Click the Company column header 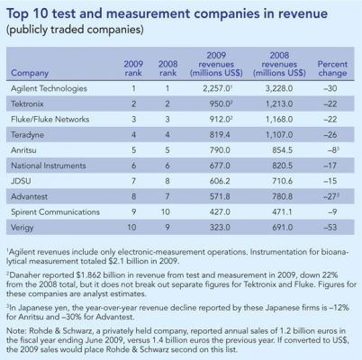30,73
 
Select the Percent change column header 332,68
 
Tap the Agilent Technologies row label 49,89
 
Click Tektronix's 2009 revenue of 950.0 220,104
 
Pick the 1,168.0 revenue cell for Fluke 279,120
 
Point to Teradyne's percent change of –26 330,135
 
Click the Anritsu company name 23,150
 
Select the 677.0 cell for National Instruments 220,166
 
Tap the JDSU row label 21,181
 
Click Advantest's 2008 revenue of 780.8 282,196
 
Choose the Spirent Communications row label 55,211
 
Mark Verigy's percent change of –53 330,227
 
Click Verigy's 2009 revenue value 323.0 220,227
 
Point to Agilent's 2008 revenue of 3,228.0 279,88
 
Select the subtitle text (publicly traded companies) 75,30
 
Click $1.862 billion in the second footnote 96,275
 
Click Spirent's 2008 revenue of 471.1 282,211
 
